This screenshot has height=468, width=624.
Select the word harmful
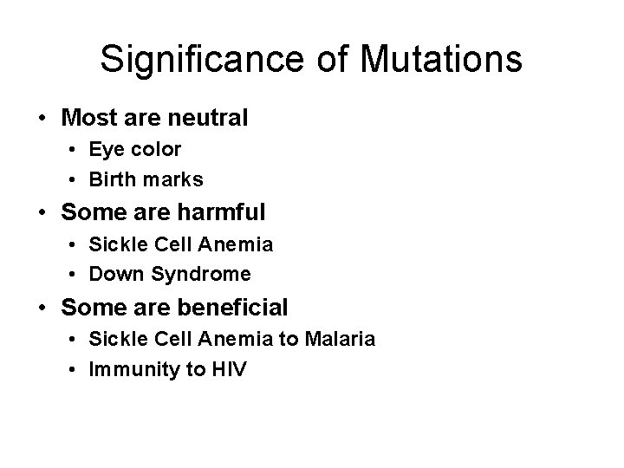click(x=222, y=211)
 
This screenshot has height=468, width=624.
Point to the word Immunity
click(x=142, y=370)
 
